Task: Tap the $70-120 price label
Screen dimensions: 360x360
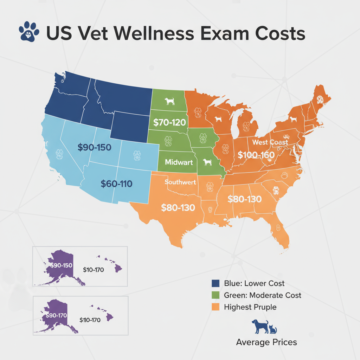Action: pos(169,123)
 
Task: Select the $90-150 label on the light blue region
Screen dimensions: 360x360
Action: pos(94,148)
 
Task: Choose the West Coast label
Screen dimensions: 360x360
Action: pos(270,142)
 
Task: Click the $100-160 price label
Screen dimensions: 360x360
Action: pos(256,155)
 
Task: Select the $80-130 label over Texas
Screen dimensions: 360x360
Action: pos(178,207)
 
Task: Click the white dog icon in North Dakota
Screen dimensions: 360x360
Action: pos(170,101)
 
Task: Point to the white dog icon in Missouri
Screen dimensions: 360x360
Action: pos(207,162)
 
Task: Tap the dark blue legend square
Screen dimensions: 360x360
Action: pos(216,283)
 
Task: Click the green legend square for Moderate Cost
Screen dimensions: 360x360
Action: pos(216,295)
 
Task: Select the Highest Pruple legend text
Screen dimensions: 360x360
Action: pos(250,307)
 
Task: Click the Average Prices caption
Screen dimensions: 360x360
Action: pos(266,342)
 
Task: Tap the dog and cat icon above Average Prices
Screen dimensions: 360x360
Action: pos(264,327)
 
